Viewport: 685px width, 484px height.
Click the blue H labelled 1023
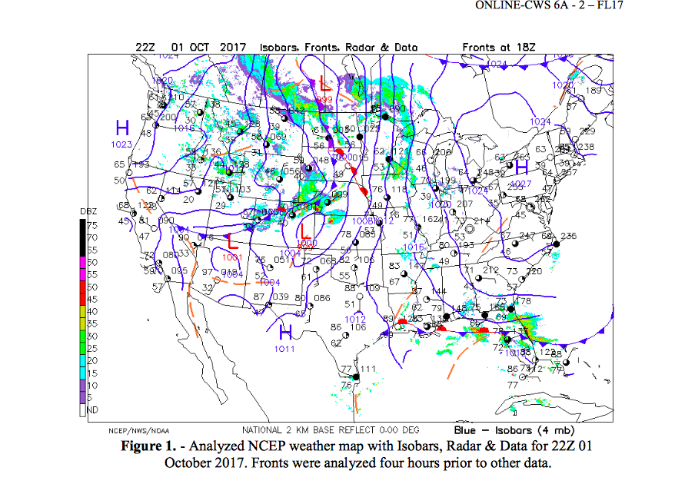(x=122, y=128)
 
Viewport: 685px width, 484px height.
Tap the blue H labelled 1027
(x=521, y=168)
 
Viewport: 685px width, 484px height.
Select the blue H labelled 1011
(x=285, y=333)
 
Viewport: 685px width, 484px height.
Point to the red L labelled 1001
(x=231, y=240)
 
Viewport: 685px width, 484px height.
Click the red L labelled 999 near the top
(x=325, y=82)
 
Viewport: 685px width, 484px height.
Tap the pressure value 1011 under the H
(x=284, y=350)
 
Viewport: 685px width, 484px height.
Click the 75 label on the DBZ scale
(x=91, y=225)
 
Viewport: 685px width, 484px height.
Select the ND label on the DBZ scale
(x=91, y=409)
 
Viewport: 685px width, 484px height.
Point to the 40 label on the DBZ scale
(x=91, y=311)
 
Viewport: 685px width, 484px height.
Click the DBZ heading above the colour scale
(x=88, y=211)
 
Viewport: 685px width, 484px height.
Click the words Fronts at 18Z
(x=499, y=47)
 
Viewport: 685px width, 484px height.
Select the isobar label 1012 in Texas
(x=354, y=319)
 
